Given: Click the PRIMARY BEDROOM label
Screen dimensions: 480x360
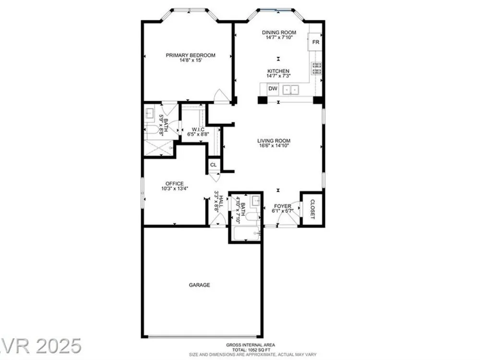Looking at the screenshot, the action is pos(191,55).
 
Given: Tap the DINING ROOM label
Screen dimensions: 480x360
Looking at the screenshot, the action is pos(279,33).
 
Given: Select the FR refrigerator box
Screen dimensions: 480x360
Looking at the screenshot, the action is pos(315,42).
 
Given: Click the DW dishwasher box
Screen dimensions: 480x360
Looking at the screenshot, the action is pos(273,89).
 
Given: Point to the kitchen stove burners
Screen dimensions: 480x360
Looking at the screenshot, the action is pos(316,68).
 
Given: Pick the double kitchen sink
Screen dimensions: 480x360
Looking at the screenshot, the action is pos(290,90).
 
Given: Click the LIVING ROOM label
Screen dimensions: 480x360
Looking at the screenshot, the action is pos(274,141).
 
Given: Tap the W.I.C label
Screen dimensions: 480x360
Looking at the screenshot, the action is pos(198,130).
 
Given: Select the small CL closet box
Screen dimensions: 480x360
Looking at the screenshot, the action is pos(214,165).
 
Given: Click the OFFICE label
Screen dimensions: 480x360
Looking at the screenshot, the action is pos(175,184).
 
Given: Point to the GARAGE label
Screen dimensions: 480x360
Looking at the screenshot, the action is pos(199,285).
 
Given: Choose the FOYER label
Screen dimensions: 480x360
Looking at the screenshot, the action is pos(283,206).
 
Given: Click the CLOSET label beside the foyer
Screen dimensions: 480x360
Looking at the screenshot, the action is pos(312,209).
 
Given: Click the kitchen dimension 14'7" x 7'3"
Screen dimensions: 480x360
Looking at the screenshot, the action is pos(278,76).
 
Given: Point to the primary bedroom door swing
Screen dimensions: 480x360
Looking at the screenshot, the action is pos(221,96).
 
